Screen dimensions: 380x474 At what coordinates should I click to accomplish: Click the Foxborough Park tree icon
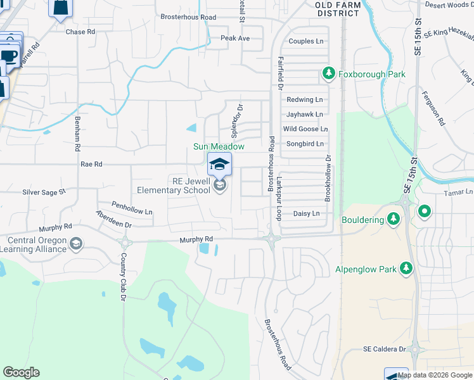pos(328,75)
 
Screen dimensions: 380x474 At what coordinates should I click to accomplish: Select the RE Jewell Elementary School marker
pos(220,185)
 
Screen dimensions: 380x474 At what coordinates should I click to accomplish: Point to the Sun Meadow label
pos(219,147)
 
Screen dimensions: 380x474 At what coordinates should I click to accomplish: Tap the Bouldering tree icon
pos(394,219)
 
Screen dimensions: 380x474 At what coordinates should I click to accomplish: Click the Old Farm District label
pos(338,8)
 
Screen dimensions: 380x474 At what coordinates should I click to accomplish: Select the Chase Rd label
pos(80,32)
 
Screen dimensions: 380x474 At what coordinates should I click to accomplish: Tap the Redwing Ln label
pos(304,100)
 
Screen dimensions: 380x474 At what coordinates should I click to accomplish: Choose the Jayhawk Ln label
pos(304,115)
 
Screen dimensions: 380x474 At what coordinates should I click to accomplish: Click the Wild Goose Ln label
pos(305,129)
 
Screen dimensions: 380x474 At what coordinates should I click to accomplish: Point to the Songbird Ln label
pos(304,144)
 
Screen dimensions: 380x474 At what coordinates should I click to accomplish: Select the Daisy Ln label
pos(306,214)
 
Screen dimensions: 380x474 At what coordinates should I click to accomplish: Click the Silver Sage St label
pos(44,192)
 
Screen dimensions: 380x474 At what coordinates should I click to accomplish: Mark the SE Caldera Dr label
pos(385,349)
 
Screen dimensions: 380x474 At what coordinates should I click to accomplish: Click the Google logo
pos(21,372)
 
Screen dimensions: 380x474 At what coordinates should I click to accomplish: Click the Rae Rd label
pos(91,164)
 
